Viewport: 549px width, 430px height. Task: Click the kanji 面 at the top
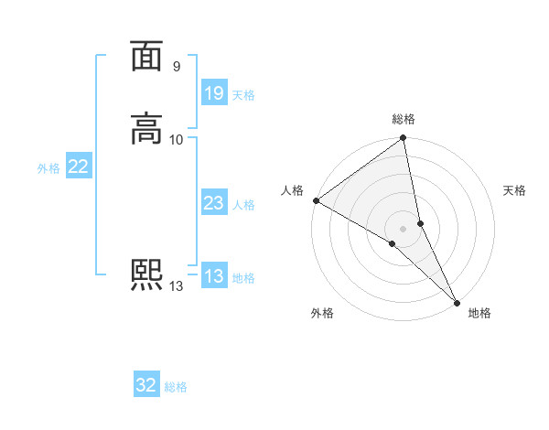tap(146, 58)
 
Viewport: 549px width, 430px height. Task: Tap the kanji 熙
tap(146, 275)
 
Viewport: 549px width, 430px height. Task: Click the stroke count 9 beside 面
tap(176, 67)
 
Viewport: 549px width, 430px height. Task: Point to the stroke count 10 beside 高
tap(177, 139)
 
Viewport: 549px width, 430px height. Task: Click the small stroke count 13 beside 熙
tap(176, 286)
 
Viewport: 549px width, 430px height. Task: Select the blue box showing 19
tap(213, 93)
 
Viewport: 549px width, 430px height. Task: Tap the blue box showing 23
tap(213, 204)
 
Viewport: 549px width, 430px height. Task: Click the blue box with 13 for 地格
tap(213, 277)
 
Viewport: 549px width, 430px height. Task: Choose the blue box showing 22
tap(79, 167)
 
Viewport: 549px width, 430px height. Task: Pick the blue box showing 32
tap(146, 386)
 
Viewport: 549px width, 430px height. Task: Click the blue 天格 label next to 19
tap(243, 95)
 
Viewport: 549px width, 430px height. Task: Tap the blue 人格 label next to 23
tap(243, 205)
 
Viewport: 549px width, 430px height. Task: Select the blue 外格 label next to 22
tap(48, 168)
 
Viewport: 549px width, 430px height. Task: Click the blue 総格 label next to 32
tap(177, 388)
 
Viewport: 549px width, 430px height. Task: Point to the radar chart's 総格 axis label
tap(404, 119)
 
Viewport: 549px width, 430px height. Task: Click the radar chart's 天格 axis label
tap(514, 190)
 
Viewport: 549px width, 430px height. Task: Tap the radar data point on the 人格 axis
tap(316, 200)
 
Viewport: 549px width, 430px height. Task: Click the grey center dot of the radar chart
tap(404, 228)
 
